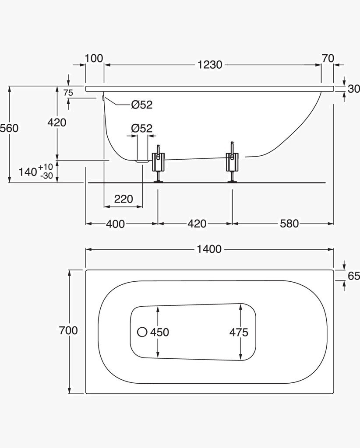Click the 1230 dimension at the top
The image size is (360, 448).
pyautogui.click(x=210, y=65)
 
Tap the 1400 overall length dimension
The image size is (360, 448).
pyautogui.click(x=209, y=249)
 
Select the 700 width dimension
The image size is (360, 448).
pyautogui.click(x=68, y=330)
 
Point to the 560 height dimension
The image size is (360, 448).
pyautogui.click(x=9, y=128)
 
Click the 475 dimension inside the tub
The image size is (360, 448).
pyautogui.click(x=239, y=332)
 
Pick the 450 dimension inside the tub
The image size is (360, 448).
pyautogui.click(x=159, y=332)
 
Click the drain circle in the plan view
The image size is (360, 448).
pyautogui.click(x=142, y=332)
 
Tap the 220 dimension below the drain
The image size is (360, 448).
pyautogui.click(x=124, y=199)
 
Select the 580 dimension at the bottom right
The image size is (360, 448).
pyautogui.click(x=289, y=224)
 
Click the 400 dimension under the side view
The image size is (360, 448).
pyautogui.click(x=115, y=224)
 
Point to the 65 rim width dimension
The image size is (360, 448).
pyautogui.click(x=354, y=276)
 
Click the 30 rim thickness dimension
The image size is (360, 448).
pyautogui.click(x=354, y=89)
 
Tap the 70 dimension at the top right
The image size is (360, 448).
pyautogui.click(x=328, y=58)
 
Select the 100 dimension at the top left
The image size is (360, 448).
pyautogui.click(x=94, y=58)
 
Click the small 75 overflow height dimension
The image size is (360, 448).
pyautogui.click(x=68, y=93)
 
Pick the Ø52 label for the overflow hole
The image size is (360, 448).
pyautogui.click(x=142, y=105)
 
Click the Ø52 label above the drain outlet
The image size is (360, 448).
pyautogui.click(x=142, y=128)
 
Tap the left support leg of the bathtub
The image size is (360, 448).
pyautogui.click(x=158, y=164)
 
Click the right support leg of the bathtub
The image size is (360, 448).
pyautogui.click(x=233, y=162)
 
